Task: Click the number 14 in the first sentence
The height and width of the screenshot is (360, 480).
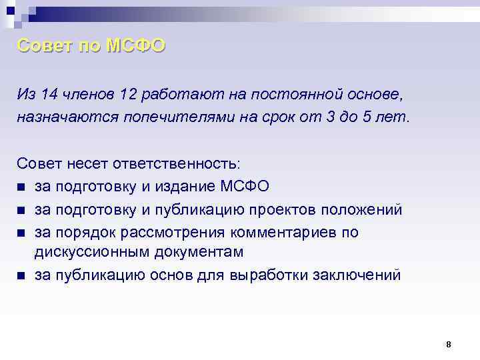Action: pos(49,94)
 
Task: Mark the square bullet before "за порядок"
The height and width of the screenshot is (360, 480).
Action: pos(22,233)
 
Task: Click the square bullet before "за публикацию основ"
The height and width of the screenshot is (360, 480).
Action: pos(22,275)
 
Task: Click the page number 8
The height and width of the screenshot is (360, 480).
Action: pos(449,344)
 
